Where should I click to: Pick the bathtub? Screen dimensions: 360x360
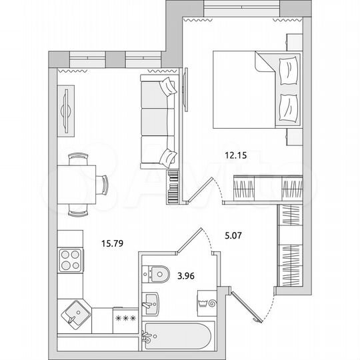[176, 338]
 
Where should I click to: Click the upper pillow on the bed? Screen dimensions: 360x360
[289, 70]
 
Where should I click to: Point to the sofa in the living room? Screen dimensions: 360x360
[159, 120]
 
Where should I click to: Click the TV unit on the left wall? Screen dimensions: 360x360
[67, 112]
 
